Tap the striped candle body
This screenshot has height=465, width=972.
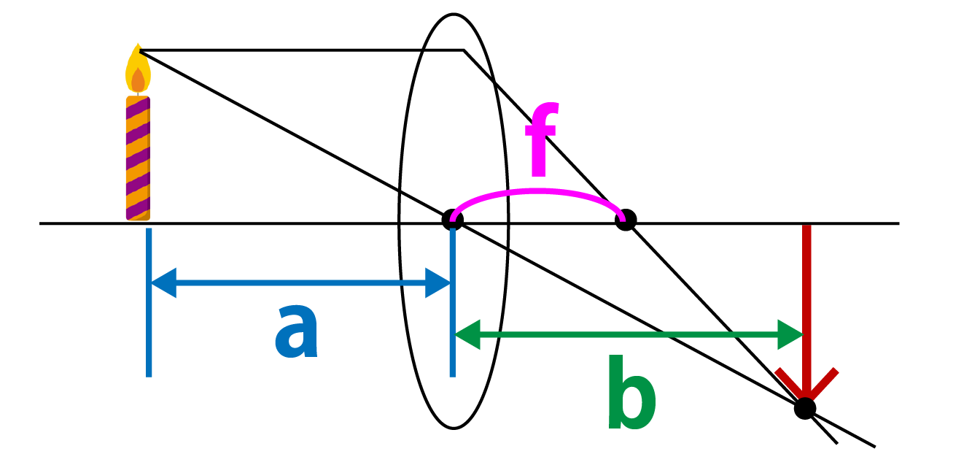(x=138, y=158)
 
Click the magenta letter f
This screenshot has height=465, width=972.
(x=541, y=139)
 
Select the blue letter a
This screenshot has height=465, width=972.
(x=297, y=331)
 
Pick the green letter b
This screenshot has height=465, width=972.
(x=631, y=392)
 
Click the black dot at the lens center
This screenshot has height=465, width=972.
(x=453, y=220)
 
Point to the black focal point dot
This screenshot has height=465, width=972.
(x=626, y=220)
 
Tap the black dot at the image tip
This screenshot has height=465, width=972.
(x=805, y=409)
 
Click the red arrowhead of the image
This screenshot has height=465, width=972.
(x=806, y=385)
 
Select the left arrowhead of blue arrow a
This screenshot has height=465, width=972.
(x=163, y=283)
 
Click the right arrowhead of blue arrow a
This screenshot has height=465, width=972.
(x=438, y=283)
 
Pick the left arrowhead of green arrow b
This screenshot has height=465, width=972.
(x=467, y=334)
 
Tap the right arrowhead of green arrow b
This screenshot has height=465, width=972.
(x=790, y=334)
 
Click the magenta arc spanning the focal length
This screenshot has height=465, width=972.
(x=538, y=191)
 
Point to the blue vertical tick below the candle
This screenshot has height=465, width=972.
(x=149, y=302)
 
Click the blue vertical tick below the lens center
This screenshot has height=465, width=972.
(x=453, y=302)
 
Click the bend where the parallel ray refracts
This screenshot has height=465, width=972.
(x=464, y=50)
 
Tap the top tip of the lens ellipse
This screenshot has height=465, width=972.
(x=454, y=14)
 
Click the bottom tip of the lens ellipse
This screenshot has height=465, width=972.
(x=454, y=429)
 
